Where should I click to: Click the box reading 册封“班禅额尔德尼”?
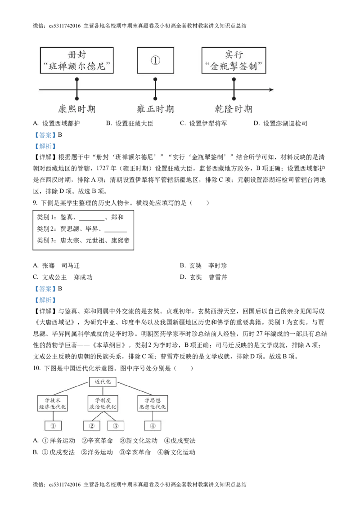pos(76,60)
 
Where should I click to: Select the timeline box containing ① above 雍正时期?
pos(155,60)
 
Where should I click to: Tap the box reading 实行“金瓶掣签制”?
pos(234,60)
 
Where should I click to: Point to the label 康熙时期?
pos(76,109)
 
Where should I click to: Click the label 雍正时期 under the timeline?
pos(155,109)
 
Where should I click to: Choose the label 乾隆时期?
pos(234,109)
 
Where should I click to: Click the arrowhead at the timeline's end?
pos(270,90)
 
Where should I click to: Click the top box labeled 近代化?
pos(103,382)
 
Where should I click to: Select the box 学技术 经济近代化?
pos(53,403)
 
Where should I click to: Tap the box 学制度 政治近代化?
pos(103,403)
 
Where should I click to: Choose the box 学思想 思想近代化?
pos(153,403)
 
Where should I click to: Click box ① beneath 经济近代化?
pos(53,426)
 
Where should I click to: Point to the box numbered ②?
pos(91,426)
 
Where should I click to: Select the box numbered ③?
pos(115,426)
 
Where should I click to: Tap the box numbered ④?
pos(153,426)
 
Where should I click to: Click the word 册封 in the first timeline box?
pos(76,55)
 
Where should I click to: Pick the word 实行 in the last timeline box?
pos(234,55)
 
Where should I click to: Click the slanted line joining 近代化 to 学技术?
pos(71,389)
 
